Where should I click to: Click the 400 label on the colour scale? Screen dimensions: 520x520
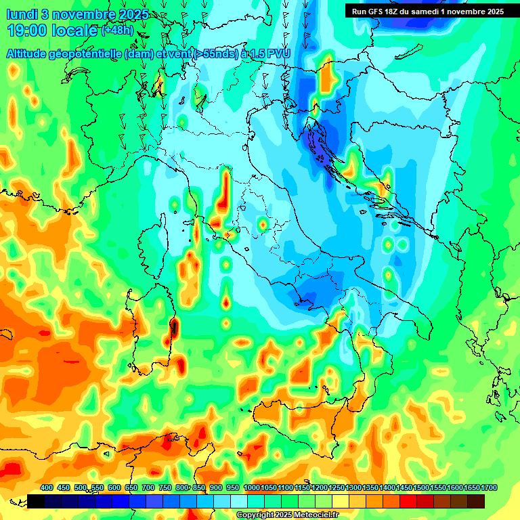[47, 487]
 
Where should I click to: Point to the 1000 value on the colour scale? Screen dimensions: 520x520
[252, 487]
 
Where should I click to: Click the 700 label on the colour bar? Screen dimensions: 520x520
[148, 487]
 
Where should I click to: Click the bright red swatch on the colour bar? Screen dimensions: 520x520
[408, 501]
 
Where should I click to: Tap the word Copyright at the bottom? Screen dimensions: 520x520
[255, 515]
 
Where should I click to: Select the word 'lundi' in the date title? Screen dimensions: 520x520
[21, 14]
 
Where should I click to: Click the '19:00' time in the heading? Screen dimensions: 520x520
[28, 30]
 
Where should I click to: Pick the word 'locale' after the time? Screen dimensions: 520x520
[74, 30]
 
